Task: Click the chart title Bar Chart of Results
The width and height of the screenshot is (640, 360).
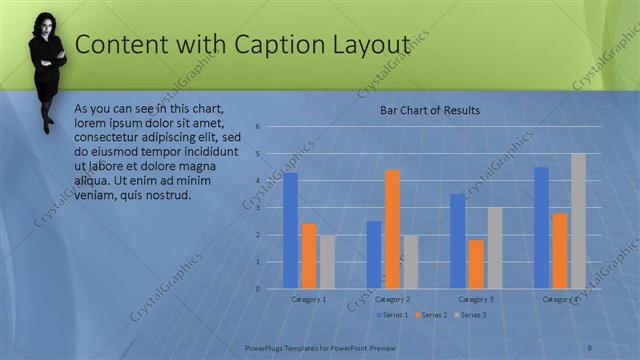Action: tap(430, 110)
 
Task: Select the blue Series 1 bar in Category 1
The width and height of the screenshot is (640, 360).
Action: tap(290, 230)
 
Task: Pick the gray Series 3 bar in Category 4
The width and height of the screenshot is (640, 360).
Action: tap(578, 221)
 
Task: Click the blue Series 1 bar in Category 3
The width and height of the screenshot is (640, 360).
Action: tap(457, 241)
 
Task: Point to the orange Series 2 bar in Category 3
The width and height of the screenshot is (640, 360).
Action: tap(475, 264)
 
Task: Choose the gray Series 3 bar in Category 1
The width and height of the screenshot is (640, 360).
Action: tap(327, 262)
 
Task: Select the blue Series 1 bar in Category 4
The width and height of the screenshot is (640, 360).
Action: tap(541, 227)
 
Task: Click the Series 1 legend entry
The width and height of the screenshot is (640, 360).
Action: tap(393, 315)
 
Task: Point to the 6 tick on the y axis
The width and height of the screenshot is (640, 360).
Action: tap(257, 127)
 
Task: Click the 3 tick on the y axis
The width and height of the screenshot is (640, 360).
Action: tap(257, 208)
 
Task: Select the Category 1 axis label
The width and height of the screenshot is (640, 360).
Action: tap(308, 299)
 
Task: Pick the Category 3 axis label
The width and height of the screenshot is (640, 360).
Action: tap(475, 299)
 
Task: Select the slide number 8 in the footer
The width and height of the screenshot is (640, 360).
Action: tap(589, 347)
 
